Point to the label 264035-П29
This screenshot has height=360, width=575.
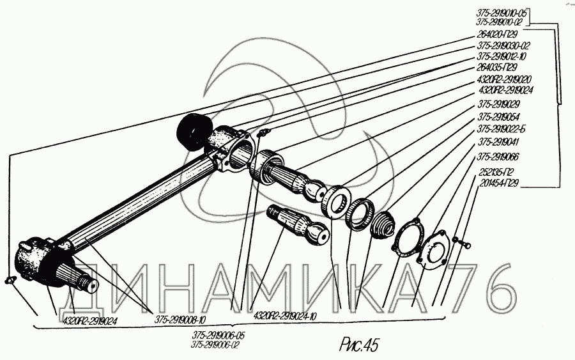tap(498, 67)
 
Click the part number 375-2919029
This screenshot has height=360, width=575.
tap(498, 104)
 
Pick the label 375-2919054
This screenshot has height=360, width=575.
tap(498, 117)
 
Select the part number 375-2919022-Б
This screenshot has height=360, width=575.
tap(502, 129)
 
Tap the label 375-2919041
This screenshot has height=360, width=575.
tap(498, 143)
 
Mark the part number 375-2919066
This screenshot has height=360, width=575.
tap(498, 157)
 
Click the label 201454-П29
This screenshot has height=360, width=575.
tap(499, 183)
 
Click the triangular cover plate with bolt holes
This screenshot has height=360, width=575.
tap(434, 251)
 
